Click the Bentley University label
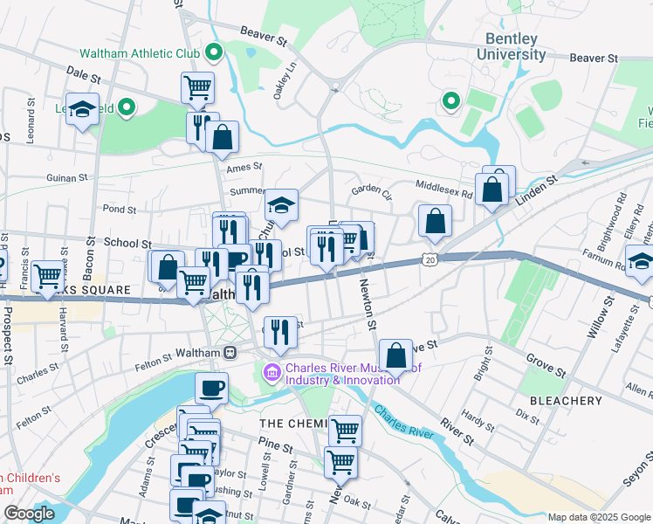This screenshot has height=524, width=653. tap(512, 46)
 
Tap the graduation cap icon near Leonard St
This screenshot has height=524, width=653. tap(81, 109)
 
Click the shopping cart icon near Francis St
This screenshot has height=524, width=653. tap(48, 276)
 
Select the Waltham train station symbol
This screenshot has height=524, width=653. tap(230, 352)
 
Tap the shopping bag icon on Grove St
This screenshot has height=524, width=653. tap(395, 355)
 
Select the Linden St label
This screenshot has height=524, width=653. tap(540, 186)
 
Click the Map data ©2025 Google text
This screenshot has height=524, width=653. tap(598, 517)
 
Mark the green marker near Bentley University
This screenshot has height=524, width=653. tap(450, 103)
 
